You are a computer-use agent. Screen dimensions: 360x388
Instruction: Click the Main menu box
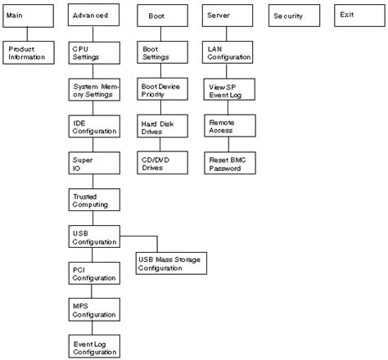tap(29, 16)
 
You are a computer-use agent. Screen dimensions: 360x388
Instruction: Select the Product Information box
tap(29, 52)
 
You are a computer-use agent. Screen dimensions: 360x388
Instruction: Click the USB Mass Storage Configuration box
tap(169, 263)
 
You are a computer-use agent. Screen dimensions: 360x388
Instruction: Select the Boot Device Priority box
tap(161, 89)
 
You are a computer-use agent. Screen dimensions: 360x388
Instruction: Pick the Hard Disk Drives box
tap(161, 125)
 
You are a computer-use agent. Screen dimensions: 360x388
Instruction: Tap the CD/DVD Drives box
tap(161, 162)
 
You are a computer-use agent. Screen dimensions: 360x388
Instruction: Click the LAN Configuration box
tap(228, 52)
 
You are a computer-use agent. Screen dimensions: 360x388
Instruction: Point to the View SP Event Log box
tap(228, 89)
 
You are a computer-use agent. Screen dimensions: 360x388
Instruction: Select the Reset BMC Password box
tap(228, 162)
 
